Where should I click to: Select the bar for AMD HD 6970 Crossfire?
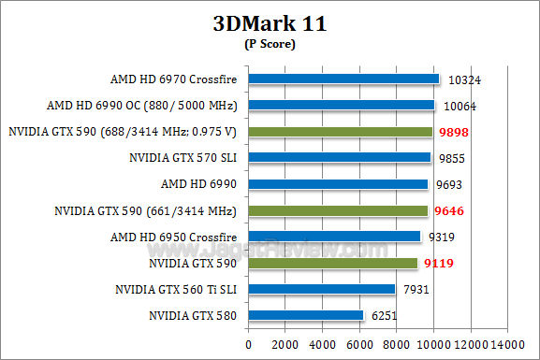click(343, 79)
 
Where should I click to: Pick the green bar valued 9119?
click(332, 264)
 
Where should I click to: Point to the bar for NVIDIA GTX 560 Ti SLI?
click(321, 290)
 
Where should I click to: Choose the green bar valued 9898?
click(340, 132)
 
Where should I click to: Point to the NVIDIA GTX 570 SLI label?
click(184, 158)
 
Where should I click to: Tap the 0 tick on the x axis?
click(248, 344)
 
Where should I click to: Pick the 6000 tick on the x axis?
click(359, 344)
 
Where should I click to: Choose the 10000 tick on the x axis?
click(433, 344)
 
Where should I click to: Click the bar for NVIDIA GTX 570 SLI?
click(340, 158)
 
